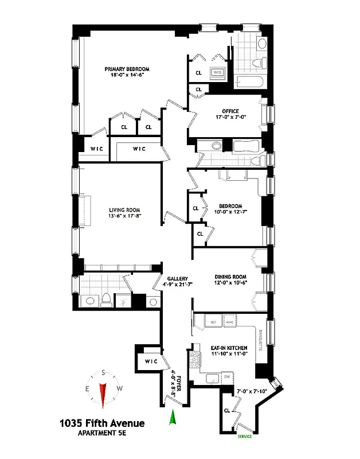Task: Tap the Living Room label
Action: click(124, 210)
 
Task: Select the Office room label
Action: click(230, 111)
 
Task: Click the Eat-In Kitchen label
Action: click(229, 348)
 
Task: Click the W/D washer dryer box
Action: click(217, 73)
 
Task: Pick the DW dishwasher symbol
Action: click(228, 376)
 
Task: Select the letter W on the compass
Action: click(119, 388)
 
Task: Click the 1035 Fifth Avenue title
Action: click(102, 423)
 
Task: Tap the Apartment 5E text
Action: click(101, 434)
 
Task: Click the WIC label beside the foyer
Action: click(150, 361)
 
